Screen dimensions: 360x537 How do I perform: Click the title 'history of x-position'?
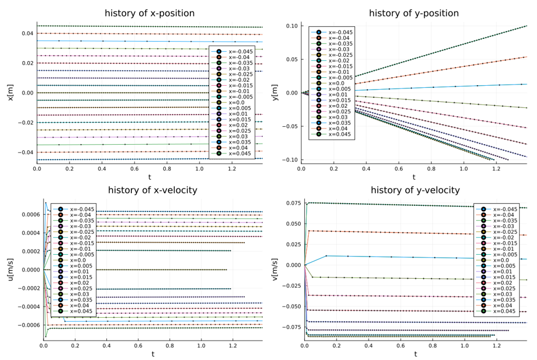coord(151,13)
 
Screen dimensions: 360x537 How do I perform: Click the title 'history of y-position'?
coord(414,13)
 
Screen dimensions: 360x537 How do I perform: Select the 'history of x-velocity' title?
coord(152,190)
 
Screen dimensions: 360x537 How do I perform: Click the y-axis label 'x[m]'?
coord(9,92)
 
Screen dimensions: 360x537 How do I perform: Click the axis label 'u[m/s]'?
coord(9,270)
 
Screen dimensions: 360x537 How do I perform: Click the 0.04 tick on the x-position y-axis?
coord(28,33)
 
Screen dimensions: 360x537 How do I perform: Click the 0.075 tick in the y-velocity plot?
coord(292,203)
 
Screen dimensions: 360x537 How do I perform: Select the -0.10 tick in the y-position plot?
coord(291,160)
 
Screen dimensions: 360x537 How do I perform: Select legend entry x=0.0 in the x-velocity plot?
coord(78,260)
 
